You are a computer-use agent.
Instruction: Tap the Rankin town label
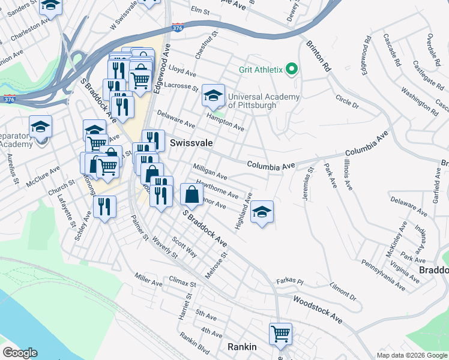tap(242, 347)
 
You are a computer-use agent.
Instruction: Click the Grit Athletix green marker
tap(292, 70)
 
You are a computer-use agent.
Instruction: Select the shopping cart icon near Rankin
tap(280, 333)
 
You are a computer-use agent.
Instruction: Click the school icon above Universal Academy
tap(212, 95)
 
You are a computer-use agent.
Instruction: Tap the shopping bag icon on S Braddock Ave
tap(191, 194)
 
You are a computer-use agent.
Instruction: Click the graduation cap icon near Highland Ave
tap(262, 211)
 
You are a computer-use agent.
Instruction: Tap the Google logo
tap(20, 353)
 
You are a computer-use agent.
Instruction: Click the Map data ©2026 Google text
tap(411, 355)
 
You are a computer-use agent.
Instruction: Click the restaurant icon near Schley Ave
tap(105, 206)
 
